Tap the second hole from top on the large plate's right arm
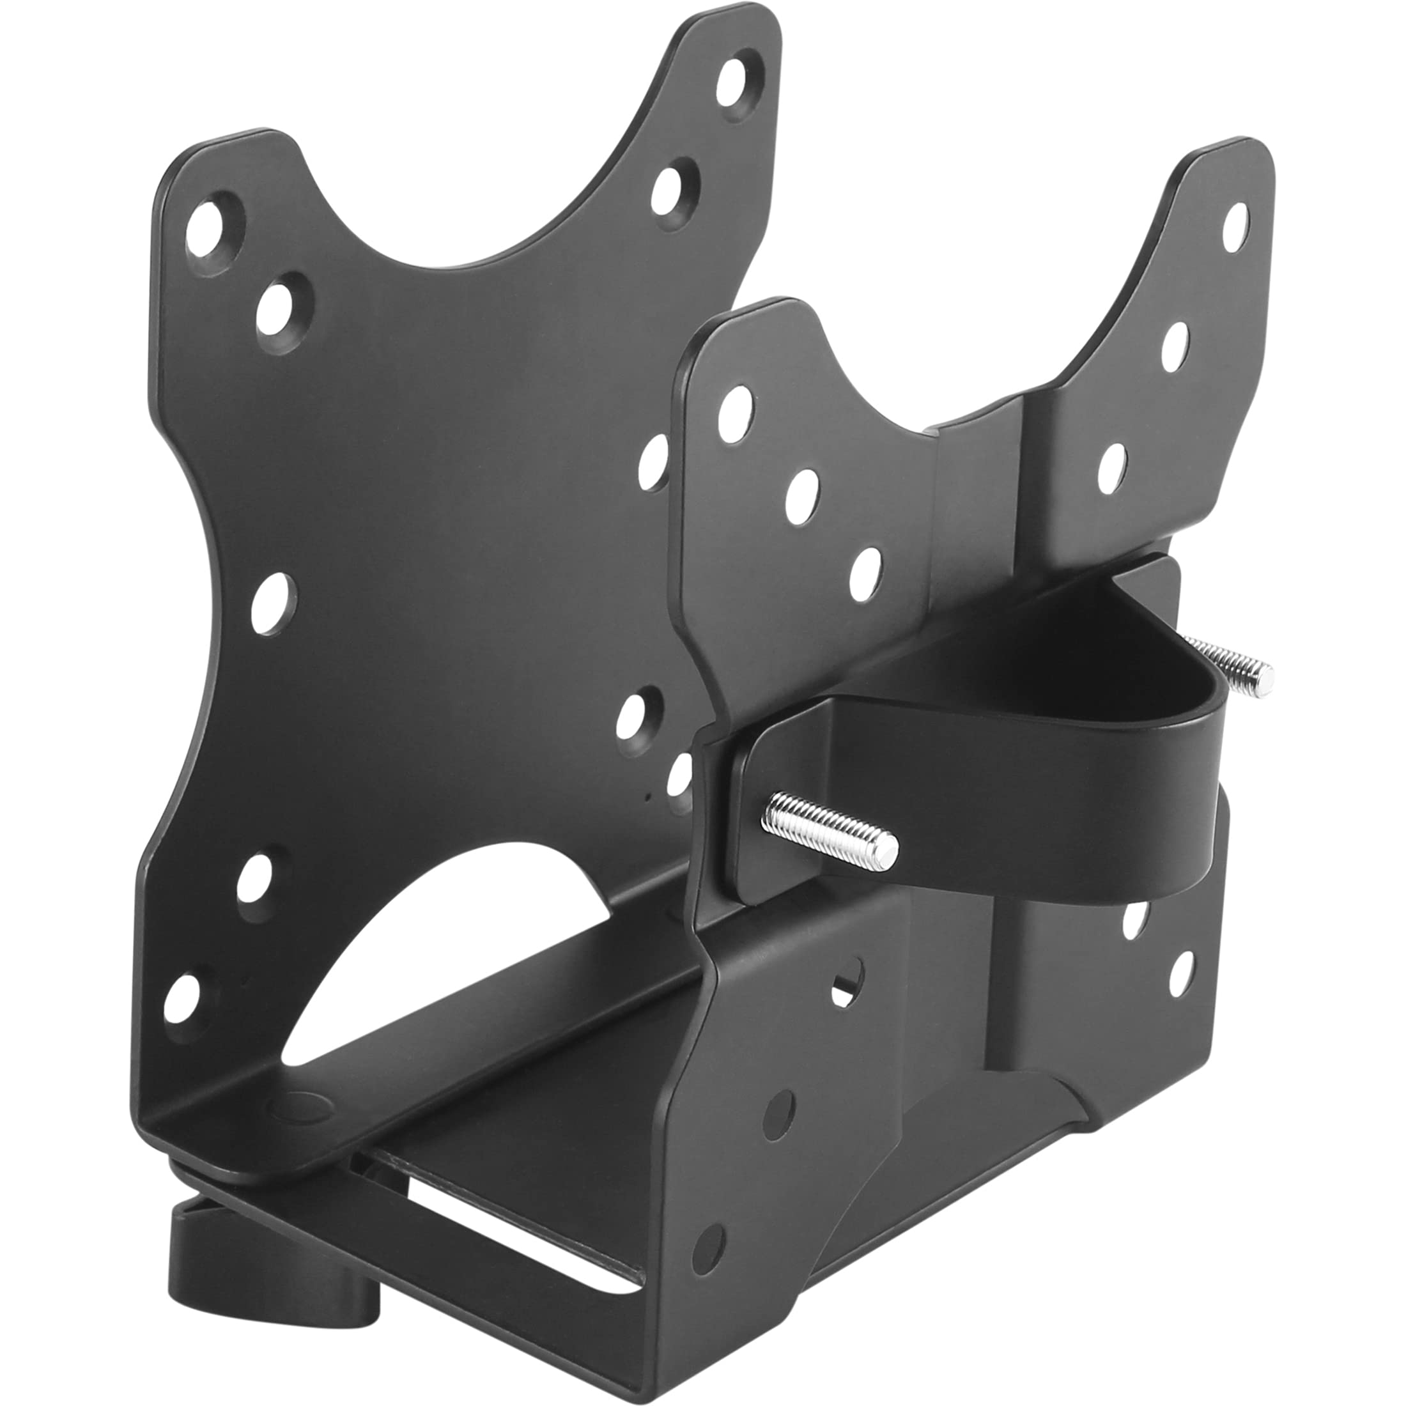coord(670,189)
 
